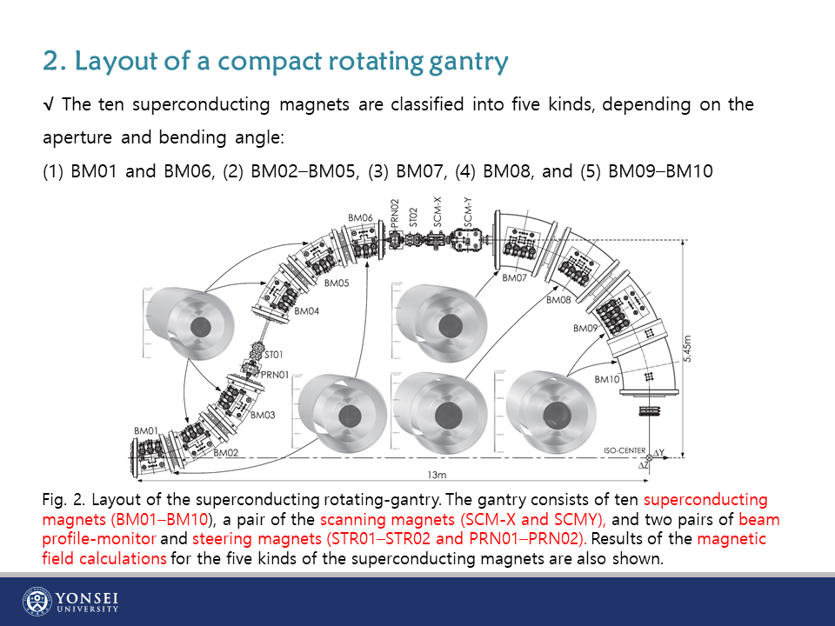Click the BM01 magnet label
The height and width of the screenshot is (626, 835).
click(x=146, y=431)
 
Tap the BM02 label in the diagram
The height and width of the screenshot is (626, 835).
click(x=226, y=453)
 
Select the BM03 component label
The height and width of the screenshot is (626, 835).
click(x=263, y=416)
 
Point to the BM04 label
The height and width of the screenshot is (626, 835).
click(x=307, y=311)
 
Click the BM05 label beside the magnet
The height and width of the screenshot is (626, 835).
click(x=337, y=283)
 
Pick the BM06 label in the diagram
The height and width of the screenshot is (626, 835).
click(x=360, y=217)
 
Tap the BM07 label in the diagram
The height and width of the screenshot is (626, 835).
click(x=515, y=278)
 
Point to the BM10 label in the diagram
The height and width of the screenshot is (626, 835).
click(x=607, y=380)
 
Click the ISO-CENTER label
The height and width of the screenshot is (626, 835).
click(x=625, y=450)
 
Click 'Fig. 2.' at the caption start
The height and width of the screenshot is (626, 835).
click(x=63, y=500)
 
